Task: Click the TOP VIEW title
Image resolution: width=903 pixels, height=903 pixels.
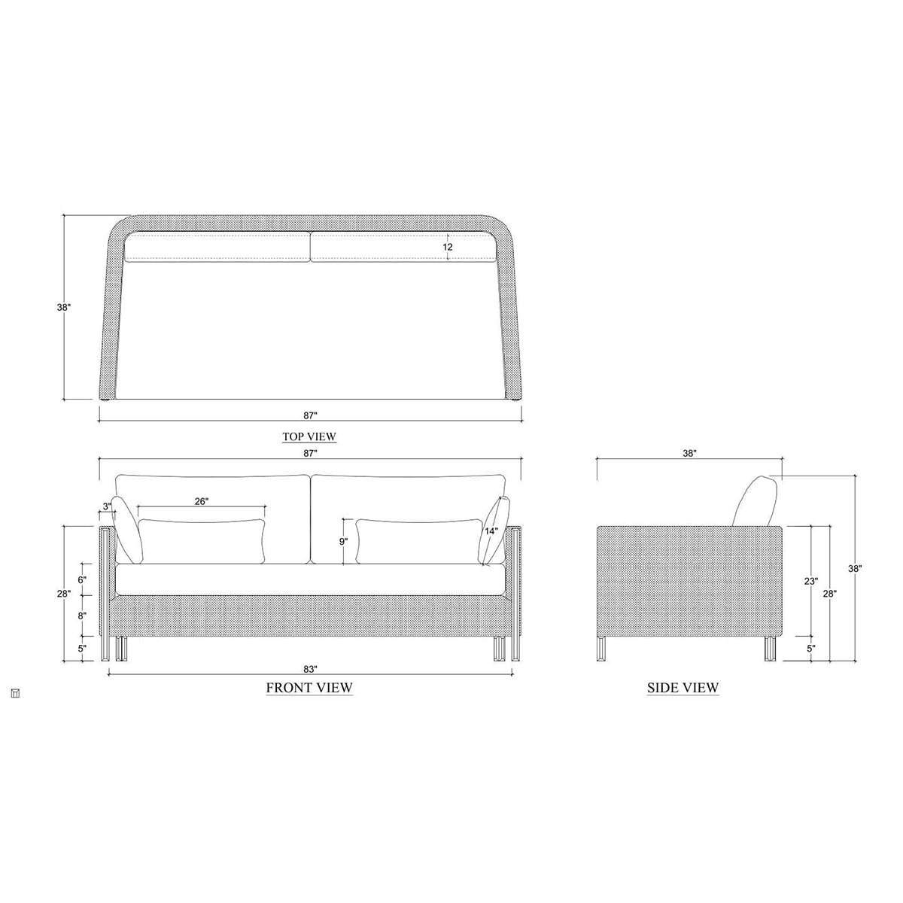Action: coord(309,436)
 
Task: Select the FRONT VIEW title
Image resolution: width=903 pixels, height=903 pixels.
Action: coord(309,688)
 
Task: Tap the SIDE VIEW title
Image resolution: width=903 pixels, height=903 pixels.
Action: coord(683,688)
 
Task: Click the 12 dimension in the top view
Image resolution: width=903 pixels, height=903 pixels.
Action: coord(448,247)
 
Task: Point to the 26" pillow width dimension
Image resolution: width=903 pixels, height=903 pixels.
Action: coord(202,501)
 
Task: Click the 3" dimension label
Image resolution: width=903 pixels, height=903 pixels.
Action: coord(108,506)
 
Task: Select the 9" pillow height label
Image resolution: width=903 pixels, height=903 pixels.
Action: coord(344,542)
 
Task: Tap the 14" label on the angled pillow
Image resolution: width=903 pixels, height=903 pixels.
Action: coord(491,531)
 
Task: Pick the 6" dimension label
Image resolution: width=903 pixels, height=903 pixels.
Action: coord(83,579)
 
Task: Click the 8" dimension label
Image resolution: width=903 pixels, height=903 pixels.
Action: coord(83,616)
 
